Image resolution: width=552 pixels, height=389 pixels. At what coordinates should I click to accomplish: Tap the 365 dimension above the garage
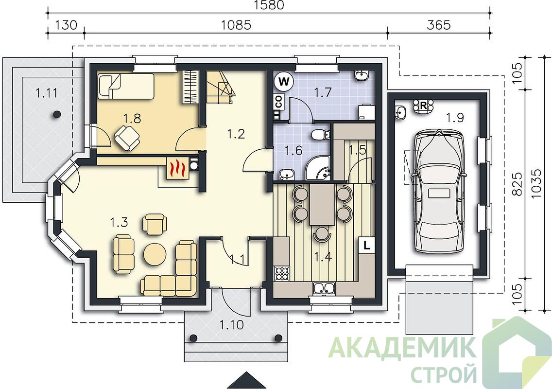(439, 25)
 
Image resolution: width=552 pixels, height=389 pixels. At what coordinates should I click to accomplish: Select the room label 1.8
(132, 118)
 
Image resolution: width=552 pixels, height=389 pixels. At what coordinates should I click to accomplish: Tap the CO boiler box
(278, 102)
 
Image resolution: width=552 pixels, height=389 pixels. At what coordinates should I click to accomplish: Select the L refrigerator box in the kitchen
(366, 245)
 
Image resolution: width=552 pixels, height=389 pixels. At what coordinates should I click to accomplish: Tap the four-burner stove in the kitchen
(282, 273)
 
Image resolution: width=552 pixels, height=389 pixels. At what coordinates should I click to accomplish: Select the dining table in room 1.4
(322, 205)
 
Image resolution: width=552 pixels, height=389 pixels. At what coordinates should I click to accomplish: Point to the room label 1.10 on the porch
(232, 324)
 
